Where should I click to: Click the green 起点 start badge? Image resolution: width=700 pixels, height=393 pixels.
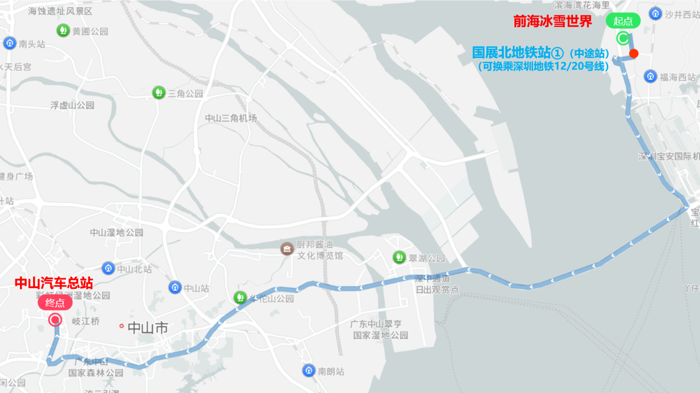623,22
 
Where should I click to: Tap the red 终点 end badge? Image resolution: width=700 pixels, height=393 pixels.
55,302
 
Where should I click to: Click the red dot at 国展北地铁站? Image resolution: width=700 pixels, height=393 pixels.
634,54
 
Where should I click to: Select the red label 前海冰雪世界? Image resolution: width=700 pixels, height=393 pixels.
552,22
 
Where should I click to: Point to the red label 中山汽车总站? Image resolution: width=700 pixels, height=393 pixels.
54,283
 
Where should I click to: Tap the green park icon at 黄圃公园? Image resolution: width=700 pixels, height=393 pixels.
64,30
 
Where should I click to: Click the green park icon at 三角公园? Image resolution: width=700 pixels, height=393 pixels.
159,92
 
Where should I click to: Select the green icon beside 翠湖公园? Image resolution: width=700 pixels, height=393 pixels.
398,257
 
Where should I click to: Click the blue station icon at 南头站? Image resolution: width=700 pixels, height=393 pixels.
9,43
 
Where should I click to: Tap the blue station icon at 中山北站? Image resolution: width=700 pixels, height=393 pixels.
108,269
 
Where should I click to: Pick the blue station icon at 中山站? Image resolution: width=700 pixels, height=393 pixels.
175,287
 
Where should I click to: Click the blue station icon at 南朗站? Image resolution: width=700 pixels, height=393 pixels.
309,371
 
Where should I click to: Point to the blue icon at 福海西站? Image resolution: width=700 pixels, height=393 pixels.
651,76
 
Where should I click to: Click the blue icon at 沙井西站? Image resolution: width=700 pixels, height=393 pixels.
656,13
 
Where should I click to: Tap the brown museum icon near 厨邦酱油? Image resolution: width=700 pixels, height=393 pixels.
287,249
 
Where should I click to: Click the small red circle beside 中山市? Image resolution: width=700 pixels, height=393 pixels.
122,326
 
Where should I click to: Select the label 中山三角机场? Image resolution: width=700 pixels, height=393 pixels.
231,118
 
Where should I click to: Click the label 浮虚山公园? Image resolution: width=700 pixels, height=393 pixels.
72,105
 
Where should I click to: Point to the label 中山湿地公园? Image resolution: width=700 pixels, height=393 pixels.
117,233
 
